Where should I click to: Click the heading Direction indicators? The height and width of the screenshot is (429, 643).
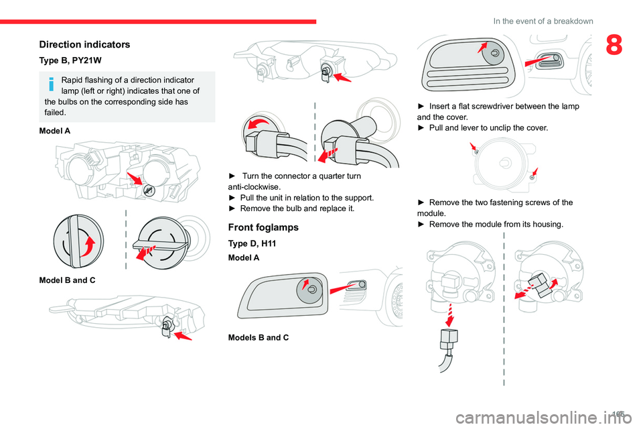(84, 44)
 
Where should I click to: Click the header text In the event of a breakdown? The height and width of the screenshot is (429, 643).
(543, 21)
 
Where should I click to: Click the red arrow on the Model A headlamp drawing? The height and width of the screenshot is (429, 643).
(136, 180)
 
